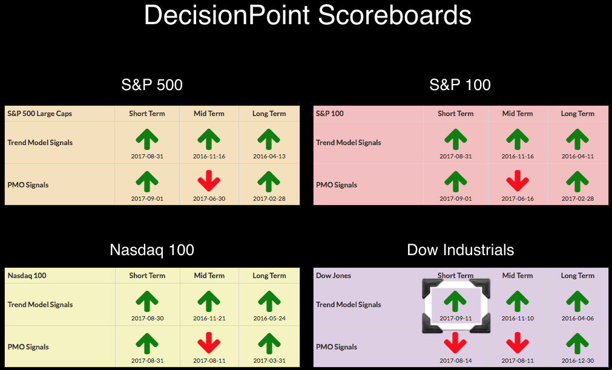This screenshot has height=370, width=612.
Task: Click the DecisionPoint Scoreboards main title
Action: click(308, 16)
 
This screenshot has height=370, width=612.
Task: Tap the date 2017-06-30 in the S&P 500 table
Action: click(209, 198)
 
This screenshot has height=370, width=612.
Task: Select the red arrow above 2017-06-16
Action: click(517, 181)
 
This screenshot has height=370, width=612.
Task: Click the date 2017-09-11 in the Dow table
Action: click(455, 318)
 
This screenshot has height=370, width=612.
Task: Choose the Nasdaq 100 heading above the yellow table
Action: click(152, 250)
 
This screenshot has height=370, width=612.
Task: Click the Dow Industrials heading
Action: click(461, 250)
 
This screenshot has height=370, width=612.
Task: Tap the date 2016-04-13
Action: click(269, 157)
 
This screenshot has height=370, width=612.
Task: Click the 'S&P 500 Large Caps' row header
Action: click(40, 114)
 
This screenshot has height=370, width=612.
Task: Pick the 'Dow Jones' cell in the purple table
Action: click(334, 276)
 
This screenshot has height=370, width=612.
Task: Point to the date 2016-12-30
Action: click(577, 361)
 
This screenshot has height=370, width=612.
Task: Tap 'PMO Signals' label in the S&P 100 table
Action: click(337, 185)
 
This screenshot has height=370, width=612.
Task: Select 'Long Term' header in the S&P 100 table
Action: click(577, 114)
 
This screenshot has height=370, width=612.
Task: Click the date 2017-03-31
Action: click(269, 361)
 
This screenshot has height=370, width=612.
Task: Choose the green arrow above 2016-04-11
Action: click(577, 140)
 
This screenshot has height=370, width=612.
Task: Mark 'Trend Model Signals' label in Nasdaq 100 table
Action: click(40, 305)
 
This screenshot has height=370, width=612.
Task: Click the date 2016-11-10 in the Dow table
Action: click(518, 318)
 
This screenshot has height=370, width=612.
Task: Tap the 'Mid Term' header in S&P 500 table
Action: click(209, 114)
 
